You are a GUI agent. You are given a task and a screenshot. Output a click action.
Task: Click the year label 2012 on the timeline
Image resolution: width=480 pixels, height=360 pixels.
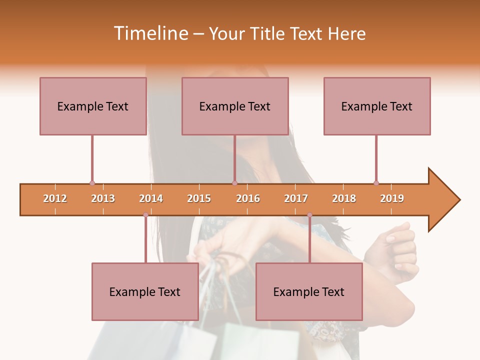tap(55, 198)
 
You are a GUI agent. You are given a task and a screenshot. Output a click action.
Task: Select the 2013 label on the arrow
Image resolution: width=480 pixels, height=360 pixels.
tap(103, 198)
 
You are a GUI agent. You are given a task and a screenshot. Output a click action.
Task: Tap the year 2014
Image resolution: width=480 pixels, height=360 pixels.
tap(151, 198)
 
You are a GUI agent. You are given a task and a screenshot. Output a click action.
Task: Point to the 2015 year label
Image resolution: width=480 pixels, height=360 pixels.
tap(199, 198)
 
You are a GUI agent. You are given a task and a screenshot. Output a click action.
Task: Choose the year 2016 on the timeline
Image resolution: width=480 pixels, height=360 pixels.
tap(248, 198)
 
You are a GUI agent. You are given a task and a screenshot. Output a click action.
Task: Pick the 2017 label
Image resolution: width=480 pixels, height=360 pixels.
tap(296, 198)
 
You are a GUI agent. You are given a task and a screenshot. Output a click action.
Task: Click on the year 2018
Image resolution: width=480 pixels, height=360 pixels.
tap(344, 198)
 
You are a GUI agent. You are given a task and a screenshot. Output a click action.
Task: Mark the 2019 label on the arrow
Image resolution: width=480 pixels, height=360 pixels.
tap(392, 198)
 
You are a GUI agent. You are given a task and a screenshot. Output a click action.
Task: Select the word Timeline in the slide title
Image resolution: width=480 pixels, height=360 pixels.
tap(150, 33)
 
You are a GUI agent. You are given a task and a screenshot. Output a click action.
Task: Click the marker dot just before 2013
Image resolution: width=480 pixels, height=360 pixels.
tap(92, 183)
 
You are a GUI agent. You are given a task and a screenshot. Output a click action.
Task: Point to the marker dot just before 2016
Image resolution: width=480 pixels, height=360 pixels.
tap(234, 183)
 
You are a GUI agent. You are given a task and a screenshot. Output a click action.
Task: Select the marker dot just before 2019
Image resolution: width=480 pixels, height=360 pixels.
tap(376, 183)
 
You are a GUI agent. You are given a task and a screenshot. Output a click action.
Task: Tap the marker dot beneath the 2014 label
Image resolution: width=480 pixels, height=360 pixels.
tap(145, 215)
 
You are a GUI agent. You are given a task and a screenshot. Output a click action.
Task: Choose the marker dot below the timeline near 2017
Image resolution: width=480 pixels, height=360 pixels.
tap(309, 215)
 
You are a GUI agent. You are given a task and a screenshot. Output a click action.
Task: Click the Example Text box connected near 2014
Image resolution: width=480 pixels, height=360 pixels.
tap(145, 291)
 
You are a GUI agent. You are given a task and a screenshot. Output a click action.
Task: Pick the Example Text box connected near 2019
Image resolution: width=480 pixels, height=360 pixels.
tap(377, 106)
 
